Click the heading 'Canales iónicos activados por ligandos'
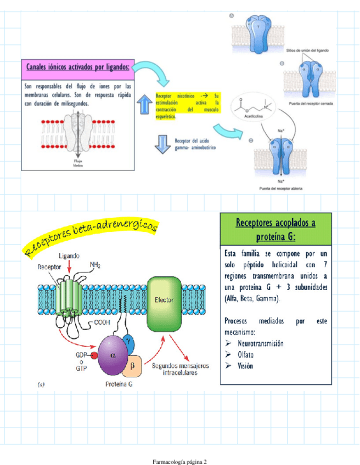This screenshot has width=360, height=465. pos(78,67)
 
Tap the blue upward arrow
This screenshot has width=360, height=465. pos(145,104)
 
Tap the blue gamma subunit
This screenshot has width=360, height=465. pos(128,341)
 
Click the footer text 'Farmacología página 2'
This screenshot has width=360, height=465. pos(179,462)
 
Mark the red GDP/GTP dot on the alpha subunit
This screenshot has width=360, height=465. pos(94,356)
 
